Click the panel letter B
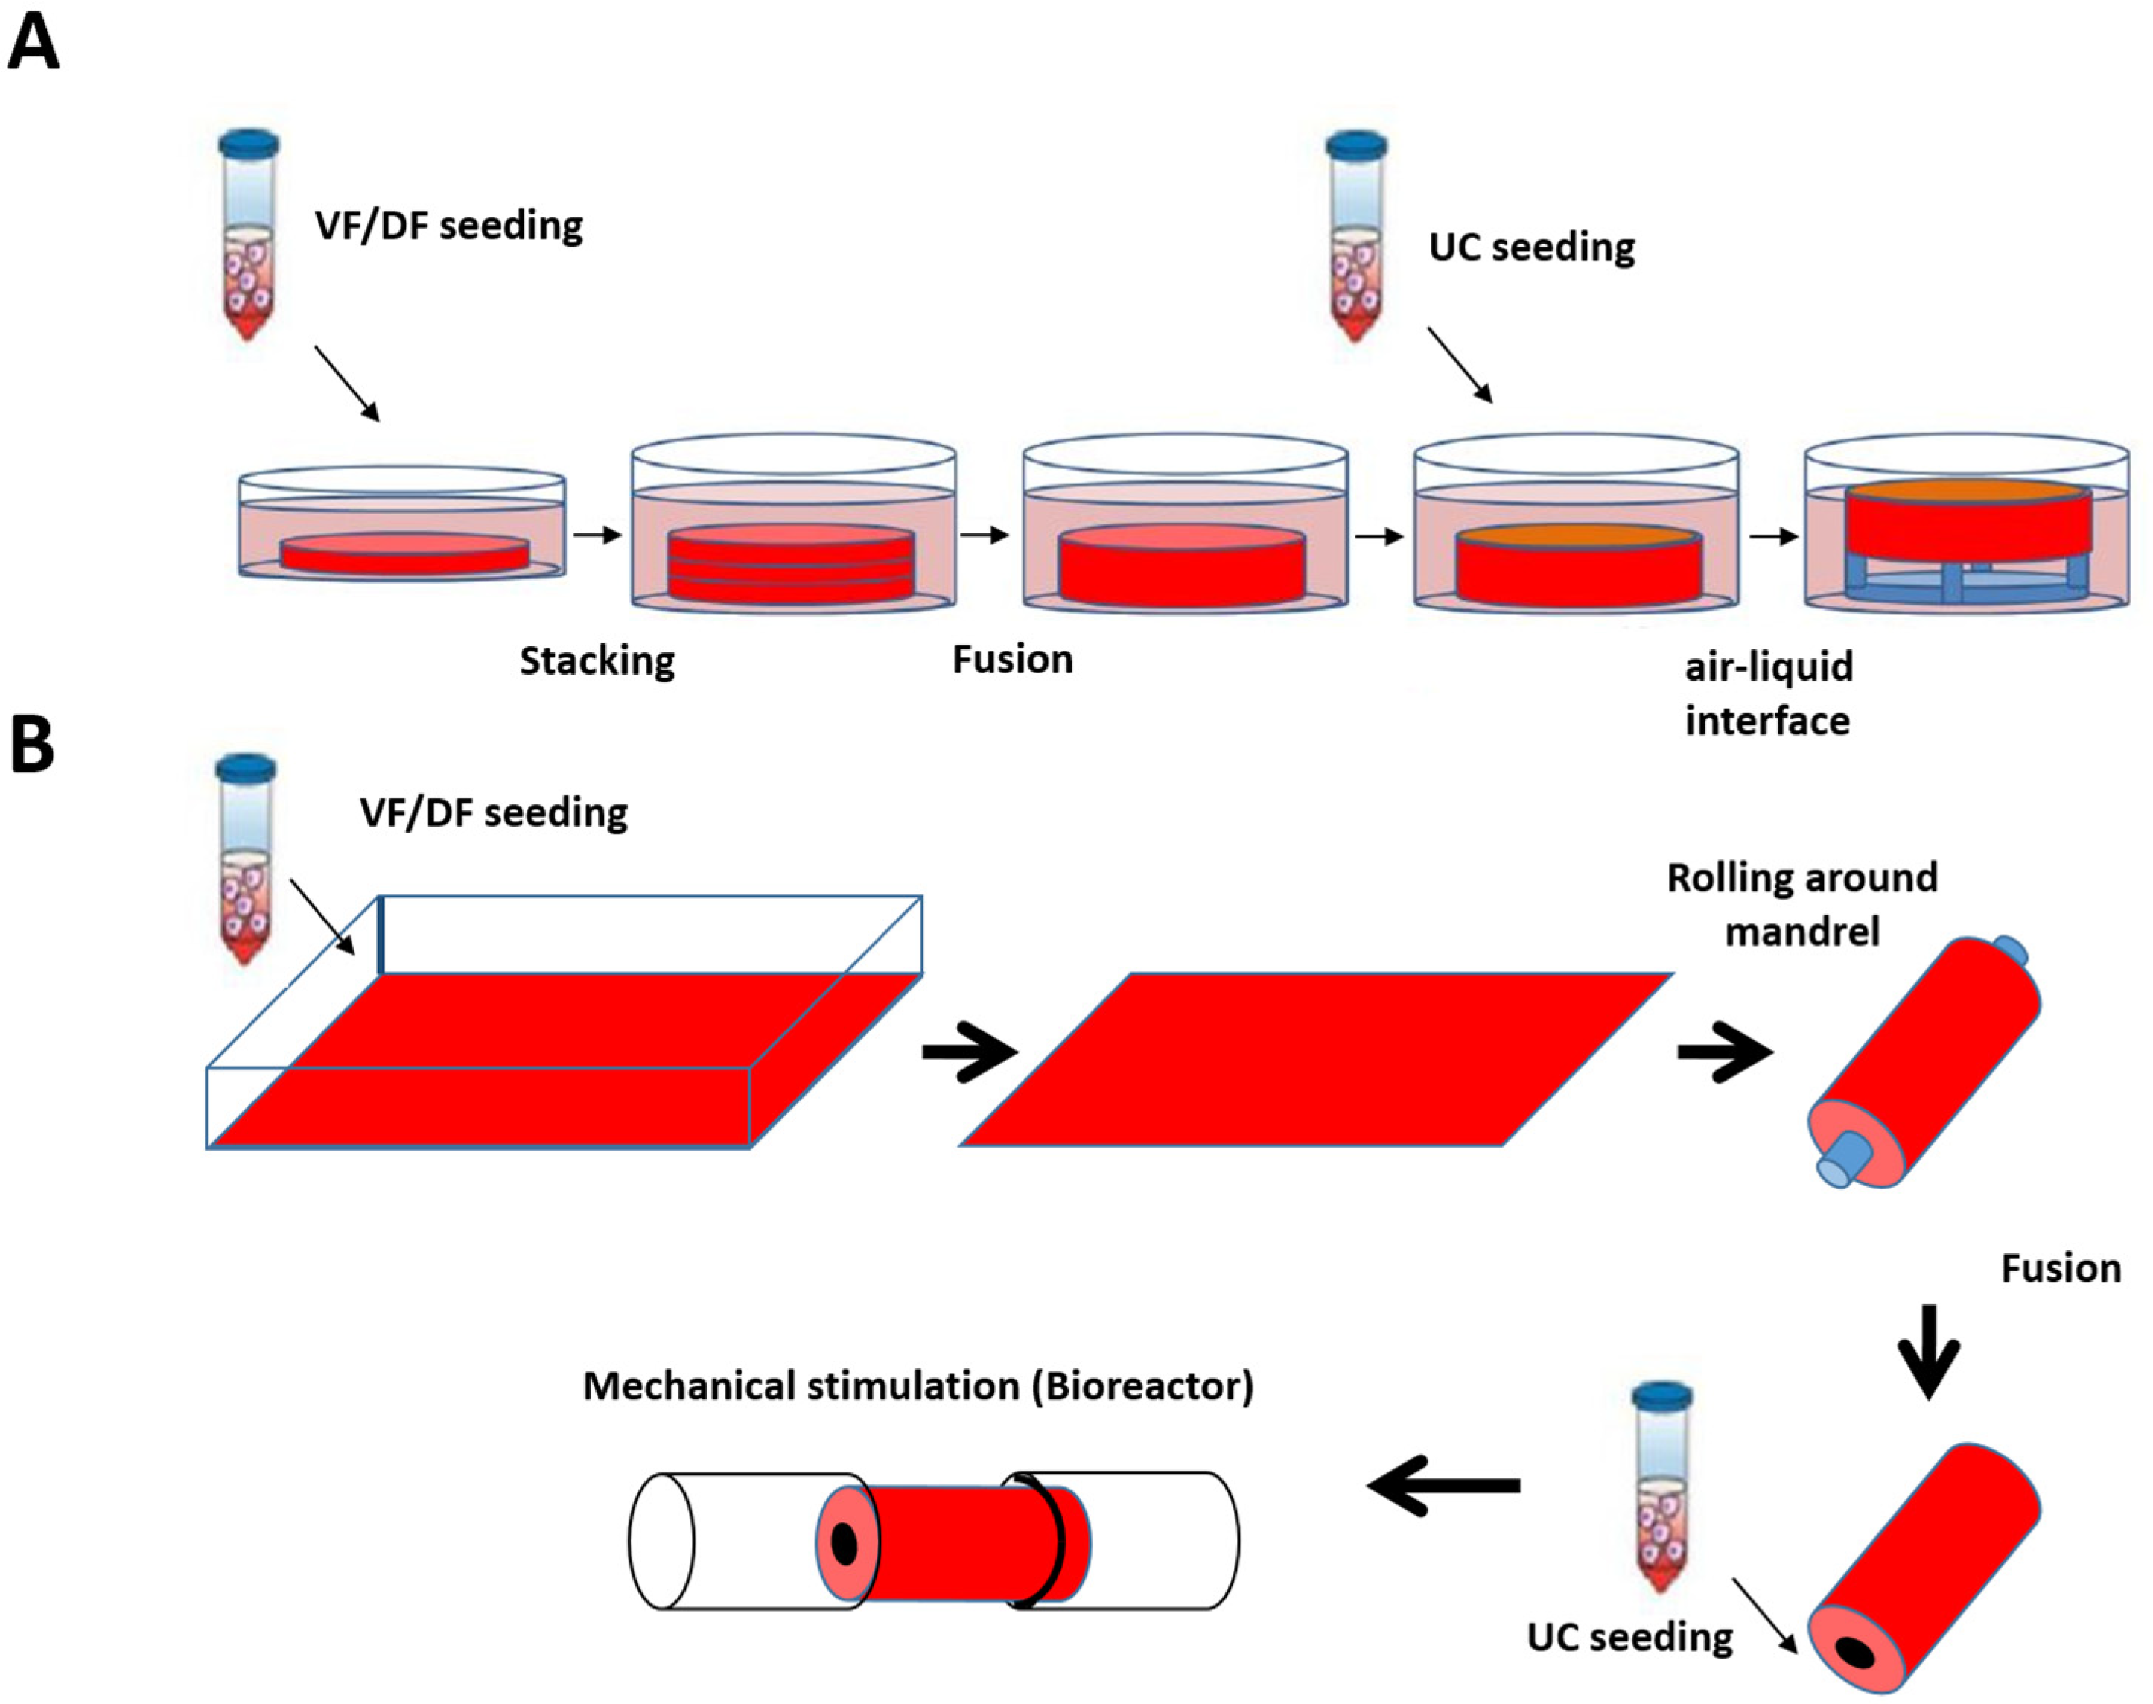coord(32,746)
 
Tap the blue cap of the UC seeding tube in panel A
coord(1356,144)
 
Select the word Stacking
coord(597,661)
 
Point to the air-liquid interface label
coord(1767,693)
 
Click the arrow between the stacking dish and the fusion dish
coord(984,535)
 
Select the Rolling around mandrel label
coord(1801,904)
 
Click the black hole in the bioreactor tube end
coord(844,1545)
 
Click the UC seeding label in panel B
coord(1629,1637)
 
